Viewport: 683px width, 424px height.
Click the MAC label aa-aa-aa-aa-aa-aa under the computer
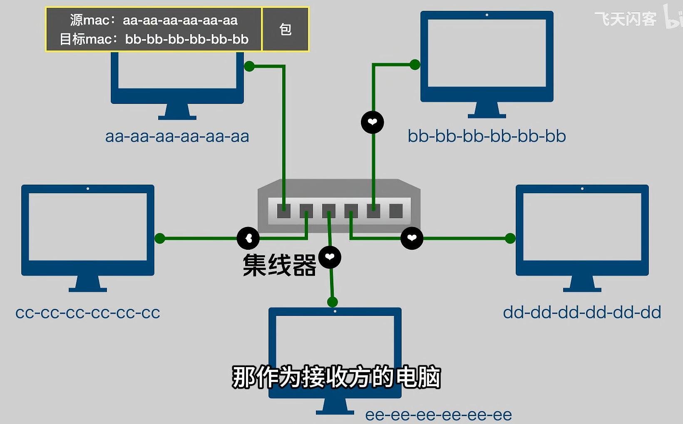[x=177, y=136]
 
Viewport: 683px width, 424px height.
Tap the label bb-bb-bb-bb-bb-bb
[x=487, y=136]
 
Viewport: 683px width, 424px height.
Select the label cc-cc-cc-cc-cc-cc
[x=87, y=313]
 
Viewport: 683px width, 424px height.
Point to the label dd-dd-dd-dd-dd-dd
[x=582, y=313]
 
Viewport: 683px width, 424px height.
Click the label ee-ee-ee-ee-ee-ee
[x=438, y=415]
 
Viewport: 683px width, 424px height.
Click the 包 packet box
[x=286, y=30]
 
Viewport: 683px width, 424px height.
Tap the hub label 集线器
[x=279, y=265]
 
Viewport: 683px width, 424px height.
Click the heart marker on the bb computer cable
[x=372, y=122]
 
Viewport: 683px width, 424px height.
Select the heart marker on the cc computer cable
[x=248, y=238]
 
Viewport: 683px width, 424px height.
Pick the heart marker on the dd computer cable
[x=412, y=238]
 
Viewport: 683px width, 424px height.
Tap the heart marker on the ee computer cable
[x=330, y=257]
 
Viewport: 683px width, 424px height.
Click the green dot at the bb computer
[x=415, y=65]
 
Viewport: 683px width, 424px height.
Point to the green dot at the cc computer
[x=160, y=238]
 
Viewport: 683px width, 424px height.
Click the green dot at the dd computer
[x=510, y=238]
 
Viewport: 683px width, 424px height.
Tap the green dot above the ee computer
[x=332, y=302]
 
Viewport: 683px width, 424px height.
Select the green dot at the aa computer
[x=249, y=66]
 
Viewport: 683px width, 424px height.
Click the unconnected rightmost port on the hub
[x=396, y=211]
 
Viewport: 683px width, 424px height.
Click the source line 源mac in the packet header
[x=154, y=20]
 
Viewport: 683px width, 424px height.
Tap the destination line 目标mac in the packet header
[x=154, y=39]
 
